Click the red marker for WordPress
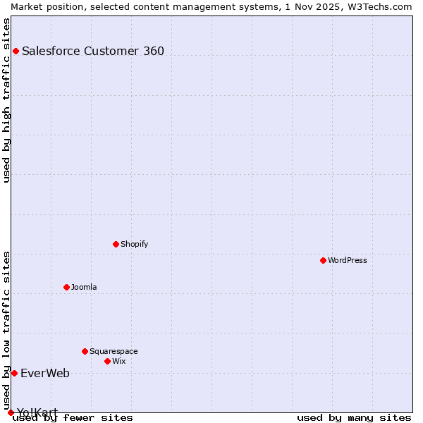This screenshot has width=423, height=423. click(324, 260)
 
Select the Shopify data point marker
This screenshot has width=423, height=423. click(116, 244)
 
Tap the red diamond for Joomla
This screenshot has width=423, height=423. click(67, 287)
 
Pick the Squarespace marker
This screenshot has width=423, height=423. click(85, 351)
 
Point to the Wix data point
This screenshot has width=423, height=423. click(108, 361)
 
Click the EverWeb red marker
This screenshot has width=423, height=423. click(14, 373)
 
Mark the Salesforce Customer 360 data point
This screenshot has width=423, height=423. click(16, 51)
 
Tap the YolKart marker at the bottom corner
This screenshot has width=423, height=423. click(11, 412)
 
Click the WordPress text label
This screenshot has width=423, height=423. click(348, 260)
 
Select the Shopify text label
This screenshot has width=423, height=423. click(135, 244)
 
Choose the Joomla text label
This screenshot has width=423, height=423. click(84, 287)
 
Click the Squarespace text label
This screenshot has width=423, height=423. click(114, 351)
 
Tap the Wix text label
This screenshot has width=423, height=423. click(119, 361)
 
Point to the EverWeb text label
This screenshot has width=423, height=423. click(45, 373)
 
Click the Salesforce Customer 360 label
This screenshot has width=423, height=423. click(93, 51)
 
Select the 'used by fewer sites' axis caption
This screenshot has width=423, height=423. click(73, 417)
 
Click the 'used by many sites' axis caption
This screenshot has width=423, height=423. click(354, 417)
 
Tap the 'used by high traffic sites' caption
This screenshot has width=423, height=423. click(6, 100)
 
